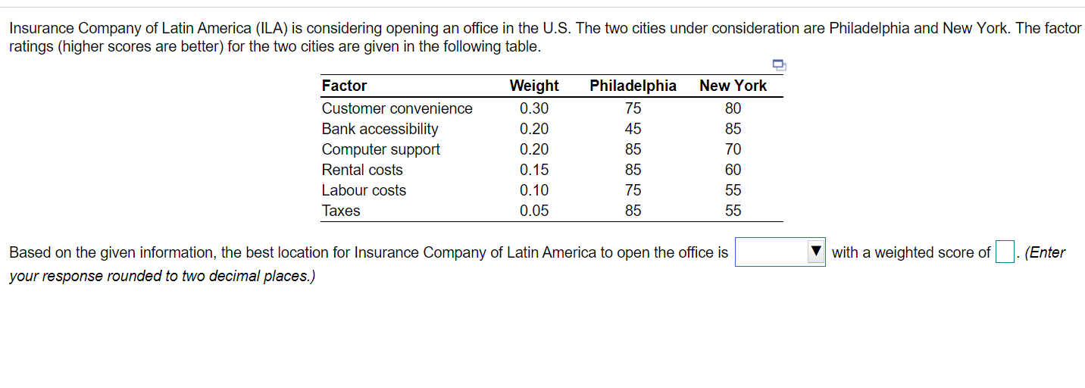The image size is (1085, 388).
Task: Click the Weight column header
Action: pos(534,86)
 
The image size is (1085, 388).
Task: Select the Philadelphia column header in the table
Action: pos(633,86)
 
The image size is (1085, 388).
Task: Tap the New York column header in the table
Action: pos(733,86)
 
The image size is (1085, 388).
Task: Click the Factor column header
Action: pos(344,86)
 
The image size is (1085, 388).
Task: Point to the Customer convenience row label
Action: pos(397,108)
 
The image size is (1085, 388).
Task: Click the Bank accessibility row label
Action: pos(380,129)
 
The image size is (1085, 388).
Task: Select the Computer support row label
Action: pos(380,149)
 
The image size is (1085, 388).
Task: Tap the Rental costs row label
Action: pos(362,170)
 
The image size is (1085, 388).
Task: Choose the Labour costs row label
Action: pos(364,190)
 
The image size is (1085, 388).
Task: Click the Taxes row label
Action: pos(341,211)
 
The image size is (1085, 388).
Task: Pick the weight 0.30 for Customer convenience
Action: pos(534,108)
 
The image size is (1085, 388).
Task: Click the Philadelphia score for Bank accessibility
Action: pos(633,129)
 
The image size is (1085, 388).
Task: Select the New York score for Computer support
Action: pos(733,149)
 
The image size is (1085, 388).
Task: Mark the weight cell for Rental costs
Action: pos(534,170)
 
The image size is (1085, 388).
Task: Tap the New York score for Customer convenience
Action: pos(733,108)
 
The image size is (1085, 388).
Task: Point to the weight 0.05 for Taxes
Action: pos(534,211)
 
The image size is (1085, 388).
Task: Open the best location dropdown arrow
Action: pos(815,252)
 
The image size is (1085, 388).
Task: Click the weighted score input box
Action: pos(1005,252)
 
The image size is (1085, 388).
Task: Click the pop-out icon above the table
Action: pos(780,64)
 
